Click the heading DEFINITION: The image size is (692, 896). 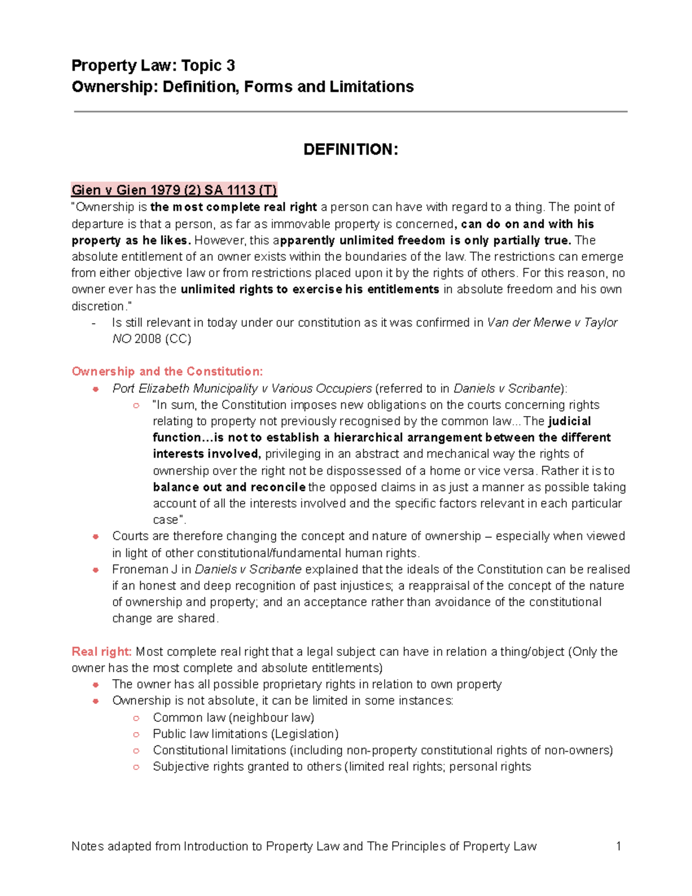pyautogui.click(x=351, y=149)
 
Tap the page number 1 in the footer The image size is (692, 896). pyautogui.click(x=619, y=846)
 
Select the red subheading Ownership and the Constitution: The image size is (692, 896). pyautogui.click(x=167, y=372)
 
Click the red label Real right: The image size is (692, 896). pyautogui.click(x=101, y=651)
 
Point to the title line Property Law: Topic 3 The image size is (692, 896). pyautogui.click(x=153, y=66)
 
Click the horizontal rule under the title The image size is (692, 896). pyautogui.click(x=351, y=111)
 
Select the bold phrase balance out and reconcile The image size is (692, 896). pyautogui.click(x=229, y=487)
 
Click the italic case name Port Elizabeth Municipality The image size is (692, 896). pyautogui.click(x=185, y=388)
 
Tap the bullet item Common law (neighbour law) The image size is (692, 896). pyautogui.click(x=233, y=718)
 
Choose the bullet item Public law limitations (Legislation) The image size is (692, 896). pyautogui.click(x=245, y=734)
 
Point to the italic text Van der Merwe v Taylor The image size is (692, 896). pyautogui.click(x=552, y=323)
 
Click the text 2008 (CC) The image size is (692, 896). pyautogui.click(x=163, y=339)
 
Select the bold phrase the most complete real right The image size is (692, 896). pyautogui.click(x=234, y=207)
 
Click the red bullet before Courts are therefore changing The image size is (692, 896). pyautogui.click(x=96, y=537)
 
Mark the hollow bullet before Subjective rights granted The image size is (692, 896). pyautogui.click(x=136, y=767)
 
